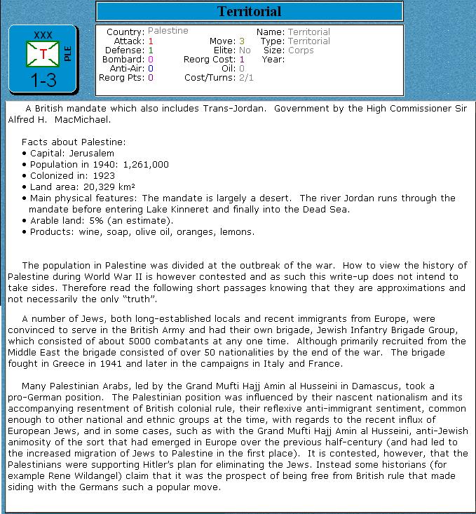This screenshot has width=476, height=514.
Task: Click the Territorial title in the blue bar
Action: pos(249,11)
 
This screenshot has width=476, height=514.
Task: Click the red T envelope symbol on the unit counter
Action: pos(43,54)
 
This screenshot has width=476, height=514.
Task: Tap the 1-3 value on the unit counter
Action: pos(43,81)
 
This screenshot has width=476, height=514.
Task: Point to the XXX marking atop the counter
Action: pos(43,35)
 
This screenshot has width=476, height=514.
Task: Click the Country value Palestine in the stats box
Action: pos(168,32)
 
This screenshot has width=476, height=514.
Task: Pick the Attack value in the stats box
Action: pos(151,41)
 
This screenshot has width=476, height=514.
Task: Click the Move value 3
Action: pos(241,41)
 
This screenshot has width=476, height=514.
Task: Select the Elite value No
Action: pos(245,50)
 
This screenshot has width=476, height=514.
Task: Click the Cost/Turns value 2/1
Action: pos(247,77)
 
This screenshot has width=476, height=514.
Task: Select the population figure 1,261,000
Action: pos(146,164)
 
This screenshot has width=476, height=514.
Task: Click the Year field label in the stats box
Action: pos(273,60)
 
